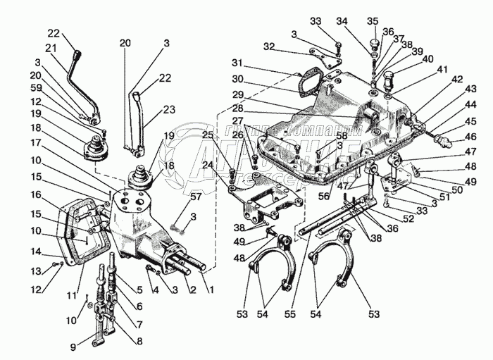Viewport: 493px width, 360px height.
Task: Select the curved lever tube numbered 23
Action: point(147,123)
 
